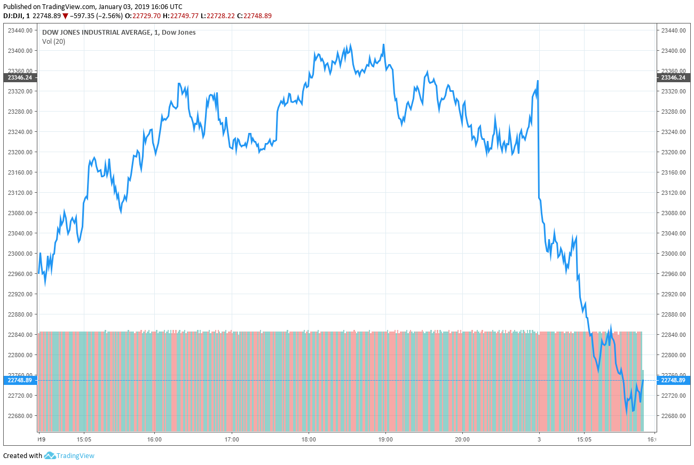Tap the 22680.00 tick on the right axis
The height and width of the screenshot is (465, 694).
coord(673,416)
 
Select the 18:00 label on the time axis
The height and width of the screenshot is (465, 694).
coord(309,440)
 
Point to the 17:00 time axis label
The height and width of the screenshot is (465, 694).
coord(232,440)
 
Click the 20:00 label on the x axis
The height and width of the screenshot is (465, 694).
coord(462,440)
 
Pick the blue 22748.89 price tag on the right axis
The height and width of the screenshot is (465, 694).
coord(673,380)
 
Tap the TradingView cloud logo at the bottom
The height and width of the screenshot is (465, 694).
coord(50,455)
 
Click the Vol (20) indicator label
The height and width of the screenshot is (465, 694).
coord(53,42)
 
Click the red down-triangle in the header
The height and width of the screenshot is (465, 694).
coord(66,16)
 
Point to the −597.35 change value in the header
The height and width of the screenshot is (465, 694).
coord(85,16)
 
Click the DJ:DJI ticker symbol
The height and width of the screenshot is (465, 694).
coord(13,16)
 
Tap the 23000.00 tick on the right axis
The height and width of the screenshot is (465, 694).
coord(673,254)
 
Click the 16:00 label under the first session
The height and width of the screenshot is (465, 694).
coord(154,440)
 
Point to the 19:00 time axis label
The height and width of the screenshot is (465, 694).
coord(385,440)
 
